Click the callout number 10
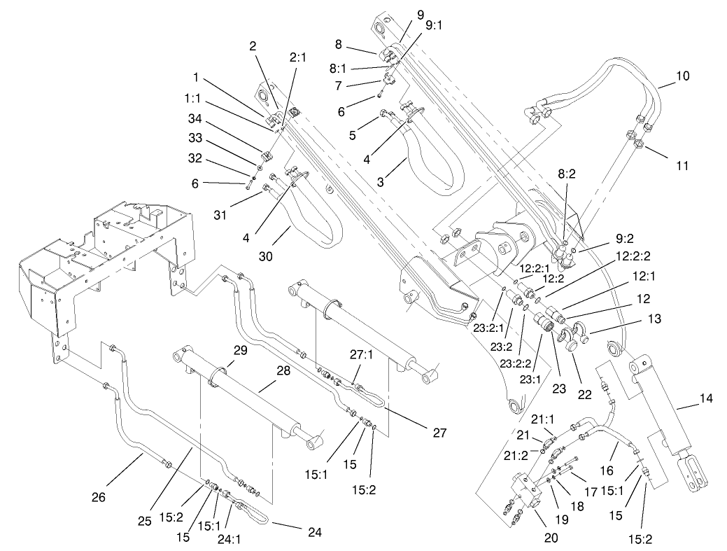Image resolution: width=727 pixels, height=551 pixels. pyautogui.click(x=682, y=76)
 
